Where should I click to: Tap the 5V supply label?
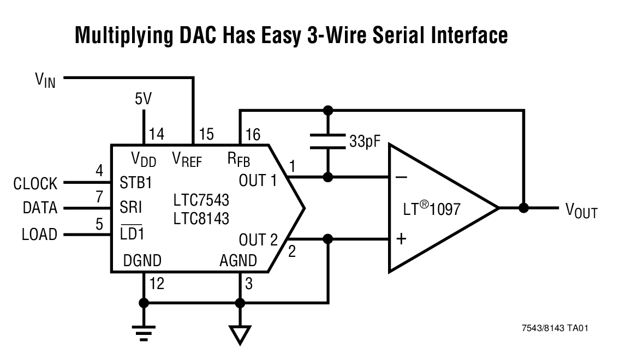pos(144,99)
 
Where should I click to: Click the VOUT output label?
pos(581,211)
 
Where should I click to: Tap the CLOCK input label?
pos(35,184)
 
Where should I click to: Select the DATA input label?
pos(40,208)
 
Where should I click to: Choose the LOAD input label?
pos(39,234)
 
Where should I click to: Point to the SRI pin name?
pos(130,208)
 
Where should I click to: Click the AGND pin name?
pos(238,261)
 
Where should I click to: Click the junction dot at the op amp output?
pos(523,208)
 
